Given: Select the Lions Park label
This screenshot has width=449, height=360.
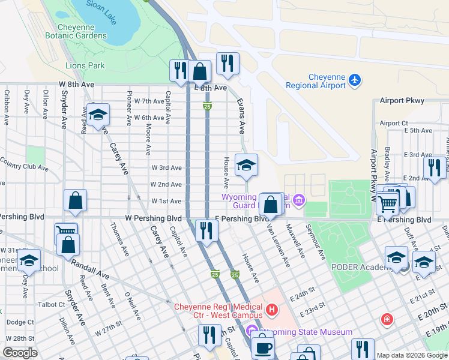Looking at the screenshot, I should pyautogui.click(x=85, y=65).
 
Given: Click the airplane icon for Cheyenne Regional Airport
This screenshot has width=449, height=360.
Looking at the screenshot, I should pyautogui.click(x=355, y=79).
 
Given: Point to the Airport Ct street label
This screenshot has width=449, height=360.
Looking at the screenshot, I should pyautogui.click(x=394, y=123).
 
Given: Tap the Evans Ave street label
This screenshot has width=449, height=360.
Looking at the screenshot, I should pyautogui.click(x=241, y=116).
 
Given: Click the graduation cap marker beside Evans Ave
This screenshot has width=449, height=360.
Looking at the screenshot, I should pyautogui.click(x=246, y=166).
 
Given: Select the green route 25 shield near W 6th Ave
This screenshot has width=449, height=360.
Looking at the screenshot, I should pyautogui.click(x=207, y=106).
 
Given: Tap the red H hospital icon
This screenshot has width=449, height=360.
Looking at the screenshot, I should pyautogui.click(x=272, y=310).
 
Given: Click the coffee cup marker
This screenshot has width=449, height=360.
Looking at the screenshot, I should pyautogui.click(x=262, y=347).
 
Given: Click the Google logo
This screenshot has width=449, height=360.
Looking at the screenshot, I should pyautogui.click(x=20, y=353).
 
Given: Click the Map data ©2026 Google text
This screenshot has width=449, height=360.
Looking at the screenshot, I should pyautogui.click(x=411, y=355).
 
